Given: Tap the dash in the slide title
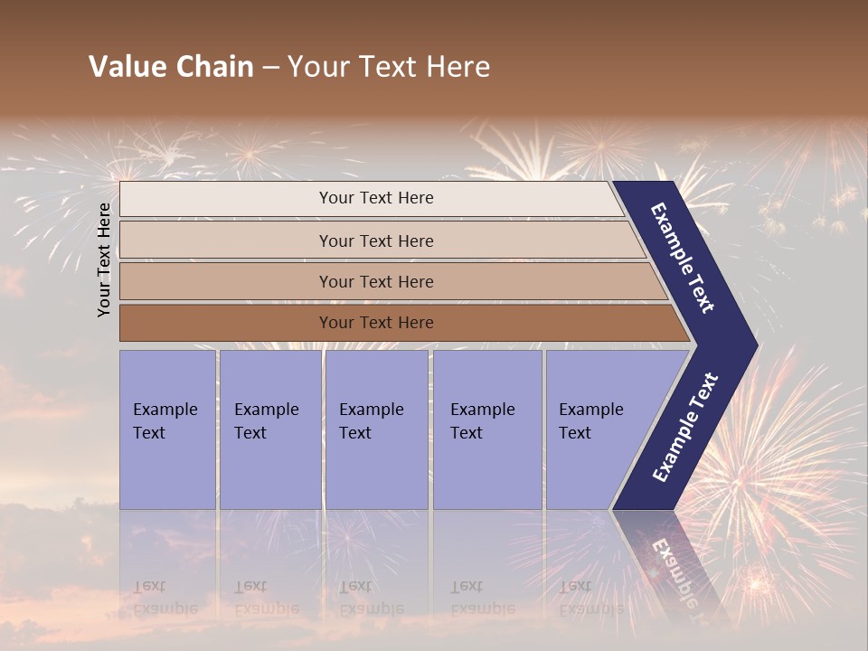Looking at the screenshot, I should (270, 68).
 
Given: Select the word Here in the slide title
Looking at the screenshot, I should (458, 67).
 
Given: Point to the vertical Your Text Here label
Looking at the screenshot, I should (105, 259).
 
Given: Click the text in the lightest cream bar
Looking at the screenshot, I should (376, 198).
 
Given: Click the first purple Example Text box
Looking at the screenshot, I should (167, 429).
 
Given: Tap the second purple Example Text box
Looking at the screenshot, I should (270, 429).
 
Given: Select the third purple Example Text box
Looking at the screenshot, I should (376, 429).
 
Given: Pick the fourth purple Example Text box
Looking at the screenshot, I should (487, 429).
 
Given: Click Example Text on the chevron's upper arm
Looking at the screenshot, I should (683, 258).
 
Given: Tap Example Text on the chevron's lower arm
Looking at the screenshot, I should (685, 428).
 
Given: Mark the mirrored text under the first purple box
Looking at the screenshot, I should (165, 598).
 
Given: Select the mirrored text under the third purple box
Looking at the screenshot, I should (372, 598).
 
